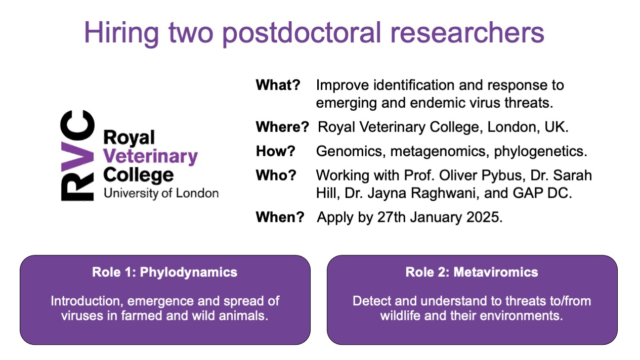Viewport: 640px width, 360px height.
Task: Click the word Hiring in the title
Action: (121, 34)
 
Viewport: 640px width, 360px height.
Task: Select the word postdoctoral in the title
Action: (302, 34)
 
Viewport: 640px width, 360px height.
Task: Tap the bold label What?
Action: (278, 85)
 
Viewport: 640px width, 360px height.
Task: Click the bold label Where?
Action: (282, 127)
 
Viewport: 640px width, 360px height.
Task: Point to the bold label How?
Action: (275, 151)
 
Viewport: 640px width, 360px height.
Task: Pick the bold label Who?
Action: (276, 175)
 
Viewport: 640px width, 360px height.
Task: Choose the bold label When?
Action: (280, 217)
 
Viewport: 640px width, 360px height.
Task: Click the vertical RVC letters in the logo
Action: (77, 156)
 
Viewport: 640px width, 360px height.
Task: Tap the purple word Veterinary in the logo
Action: (151, 156)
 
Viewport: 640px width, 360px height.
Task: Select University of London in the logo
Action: (161, 193)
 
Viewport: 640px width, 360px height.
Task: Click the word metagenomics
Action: (438, 152)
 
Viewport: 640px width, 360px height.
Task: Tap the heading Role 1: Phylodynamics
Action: (164, 273)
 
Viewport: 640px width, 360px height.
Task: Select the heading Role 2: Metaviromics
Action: (472, 272)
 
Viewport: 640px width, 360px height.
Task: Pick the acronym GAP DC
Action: (540, 193)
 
